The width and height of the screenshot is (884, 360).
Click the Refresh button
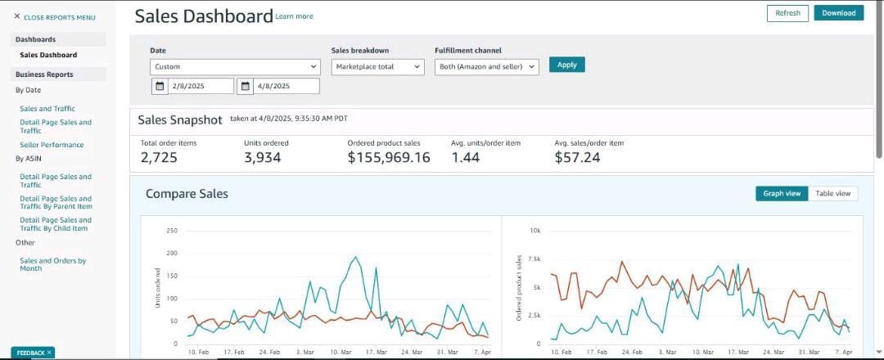pyautogui.click(x=787, y=13)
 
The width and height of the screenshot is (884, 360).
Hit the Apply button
pyautogui.click(x=566, y=65)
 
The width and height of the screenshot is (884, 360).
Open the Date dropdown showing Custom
pyautogui.click(x=235, y=67)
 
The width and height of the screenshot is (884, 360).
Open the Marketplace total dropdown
pyautogui.click(x=377, y=67)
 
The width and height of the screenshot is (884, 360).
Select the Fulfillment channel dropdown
pyautogui.click(x=486, y=67)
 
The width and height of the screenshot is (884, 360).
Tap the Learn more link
pyautogui.click(x=295, y=17)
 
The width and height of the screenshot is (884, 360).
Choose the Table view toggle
pyautogui.click(x=832, y=193)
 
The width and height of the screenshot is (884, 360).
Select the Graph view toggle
pyautogui.click(x=782, y=193)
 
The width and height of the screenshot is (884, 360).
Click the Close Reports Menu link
pyautogui.click(x=55, y=17)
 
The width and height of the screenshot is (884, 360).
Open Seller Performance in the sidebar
pyautogui.click(x=52, y=145)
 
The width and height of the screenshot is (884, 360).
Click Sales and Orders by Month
pyautogui.click(x=53, y=265)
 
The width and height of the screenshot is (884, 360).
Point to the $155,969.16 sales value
pyautogui.click(x=389, y=158)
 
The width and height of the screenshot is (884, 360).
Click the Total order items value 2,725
pyautogui.click(x=159, y=158)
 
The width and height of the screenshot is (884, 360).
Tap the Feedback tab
pyautogui.click(x=33, y=353)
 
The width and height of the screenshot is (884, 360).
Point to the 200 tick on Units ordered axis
pyautogui.click(x=173, y=254)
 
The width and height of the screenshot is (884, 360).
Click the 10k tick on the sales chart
pyautogui.click(x=535, y=231)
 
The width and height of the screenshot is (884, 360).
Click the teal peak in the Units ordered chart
pyautogui.click(x=355, y=257)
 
